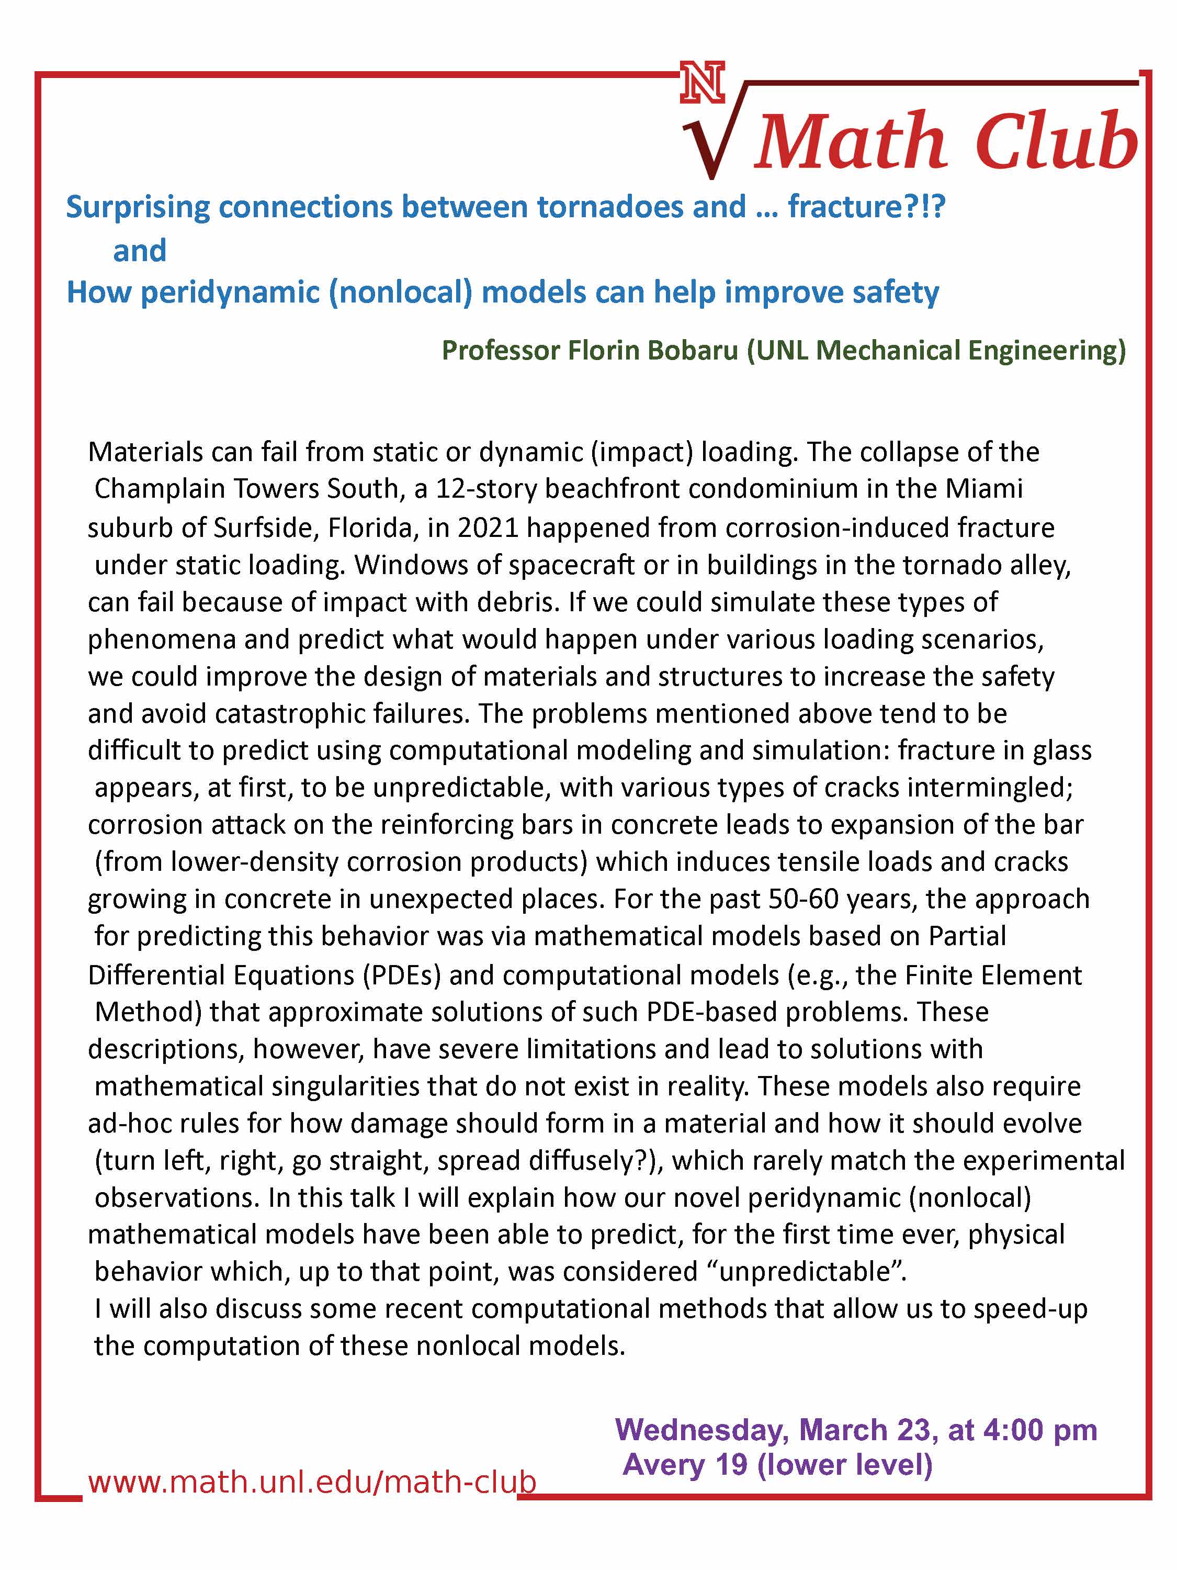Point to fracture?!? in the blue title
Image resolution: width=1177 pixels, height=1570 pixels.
(866, 207)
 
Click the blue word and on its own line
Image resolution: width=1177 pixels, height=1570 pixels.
(140, 251)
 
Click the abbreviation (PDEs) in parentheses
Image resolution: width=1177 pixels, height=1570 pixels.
(402, 975)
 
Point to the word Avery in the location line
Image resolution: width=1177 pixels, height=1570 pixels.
(665, 1464)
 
